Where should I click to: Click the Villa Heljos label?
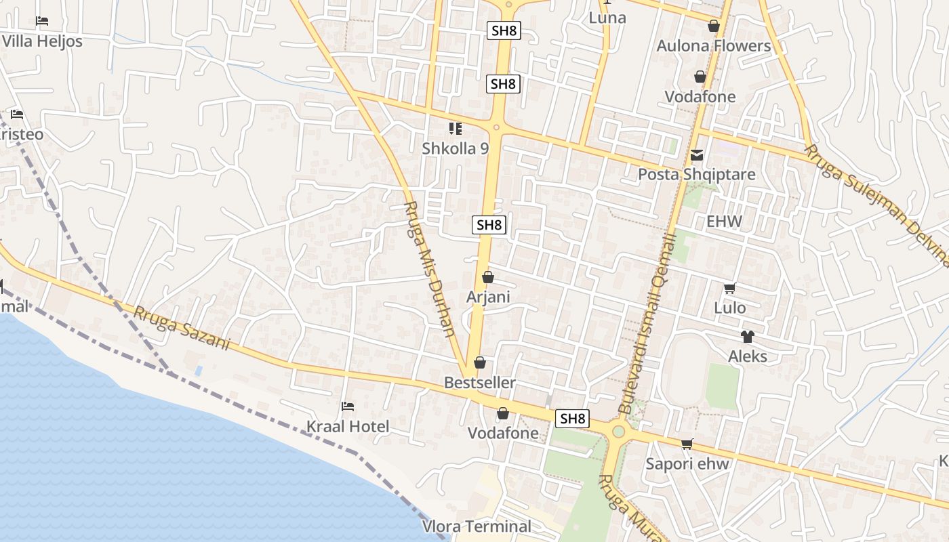[x=42, y=41]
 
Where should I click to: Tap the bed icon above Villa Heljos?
[x=42, y=21]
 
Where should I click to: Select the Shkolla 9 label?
[x=455, y=148]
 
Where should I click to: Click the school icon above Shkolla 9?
[x=455, y=128]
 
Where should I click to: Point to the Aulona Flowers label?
[x=714, y=46]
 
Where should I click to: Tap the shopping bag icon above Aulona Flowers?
[x=714, y=26]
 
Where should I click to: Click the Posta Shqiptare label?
[x=697, y=175]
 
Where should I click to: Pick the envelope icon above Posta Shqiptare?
[x=697, y=156]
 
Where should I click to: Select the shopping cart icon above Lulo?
[x=730, y=289]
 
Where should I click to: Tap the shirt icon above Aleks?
[x=747, y=336]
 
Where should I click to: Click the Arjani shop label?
[x=488, y=297]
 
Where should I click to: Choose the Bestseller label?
[x=480, y=383]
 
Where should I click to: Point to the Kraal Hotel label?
[x=348, y=427]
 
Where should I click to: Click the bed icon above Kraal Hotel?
[x=348, y=406]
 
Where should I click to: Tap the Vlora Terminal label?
[x=477, y=526]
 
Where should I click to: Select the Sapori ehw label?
[x=687, y=464]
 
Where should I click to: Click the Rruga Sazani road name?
[x=182, y=329]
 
